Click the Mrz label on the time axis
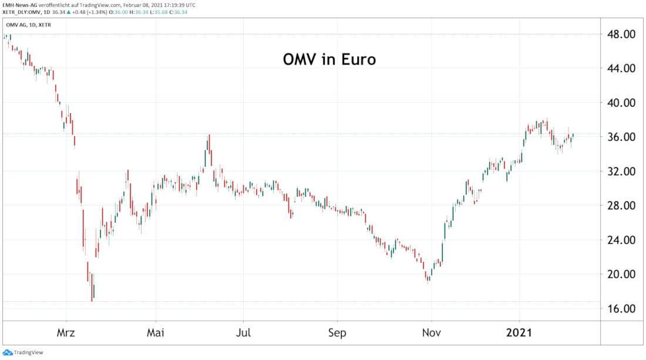[66, 333]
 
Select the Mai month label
[155, 333]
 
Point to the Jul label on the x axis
[243, 333]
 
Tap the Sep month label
[337, 333]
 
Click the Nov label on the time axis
[431, 333]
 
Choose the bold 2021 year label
[519, 333]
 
